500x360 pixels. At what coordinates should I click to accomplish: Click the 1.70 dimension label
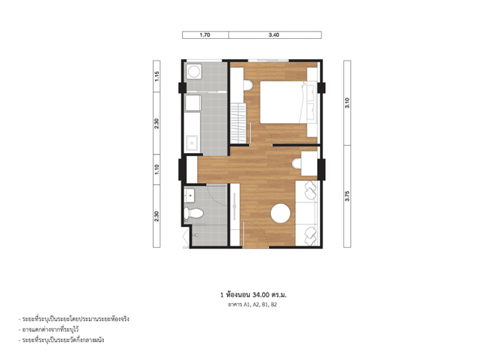click(204, 35)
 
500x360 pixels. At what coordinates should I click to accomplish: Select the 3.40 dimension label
click(274, 35)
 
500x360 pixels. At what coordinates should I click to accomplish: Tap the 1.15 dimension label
click(157, 76)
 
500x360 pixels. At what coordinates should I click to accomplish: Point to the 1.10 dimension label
click(157, 169)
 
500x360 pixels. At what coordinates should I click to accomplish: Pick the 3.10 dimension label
click(347, 103)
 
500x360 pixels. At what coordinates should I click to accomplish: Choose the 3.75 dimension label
click(347, 196)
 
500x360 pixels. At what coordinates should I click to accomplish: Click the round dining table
click(281, 214)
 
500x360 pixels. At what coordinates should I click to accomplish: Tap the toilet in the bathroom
click(193, 213)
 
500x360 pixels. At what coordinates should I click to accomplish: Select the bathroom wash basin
click(190, 195)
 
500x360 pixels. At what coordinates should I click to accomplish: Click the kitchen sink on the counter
click(192, 143)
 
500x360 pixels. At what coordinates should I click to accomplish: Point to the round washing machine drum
click(194, 72)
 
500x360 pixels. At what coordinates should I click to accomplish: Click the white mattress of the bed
click(281, 102)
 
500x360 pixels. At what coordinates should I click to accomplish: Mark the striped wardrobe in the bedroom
click(239, 123)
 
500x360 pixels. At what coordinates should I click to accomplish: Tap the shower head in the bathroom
click(196, 235)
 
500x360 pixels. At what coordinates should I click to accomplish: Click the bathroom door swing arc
click(217, 196)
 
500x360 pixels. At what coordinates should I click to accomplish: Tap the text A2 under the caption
click(256, 305)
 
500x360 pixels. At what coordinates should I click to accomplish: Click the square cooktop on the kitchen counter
click(193, 103)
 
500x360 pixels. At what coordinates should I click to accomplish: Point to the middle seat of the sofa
click(305, 212)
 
